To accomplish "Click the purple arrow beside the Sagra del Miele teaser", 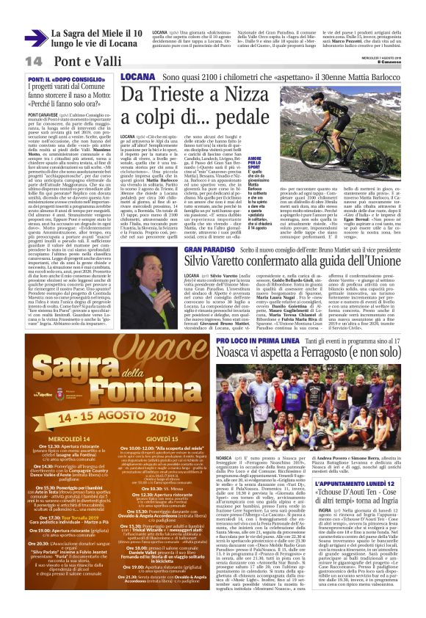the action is click(x=35, y=37).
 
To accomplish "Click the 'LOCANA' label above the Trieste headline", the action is click(x=138, y=76).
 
